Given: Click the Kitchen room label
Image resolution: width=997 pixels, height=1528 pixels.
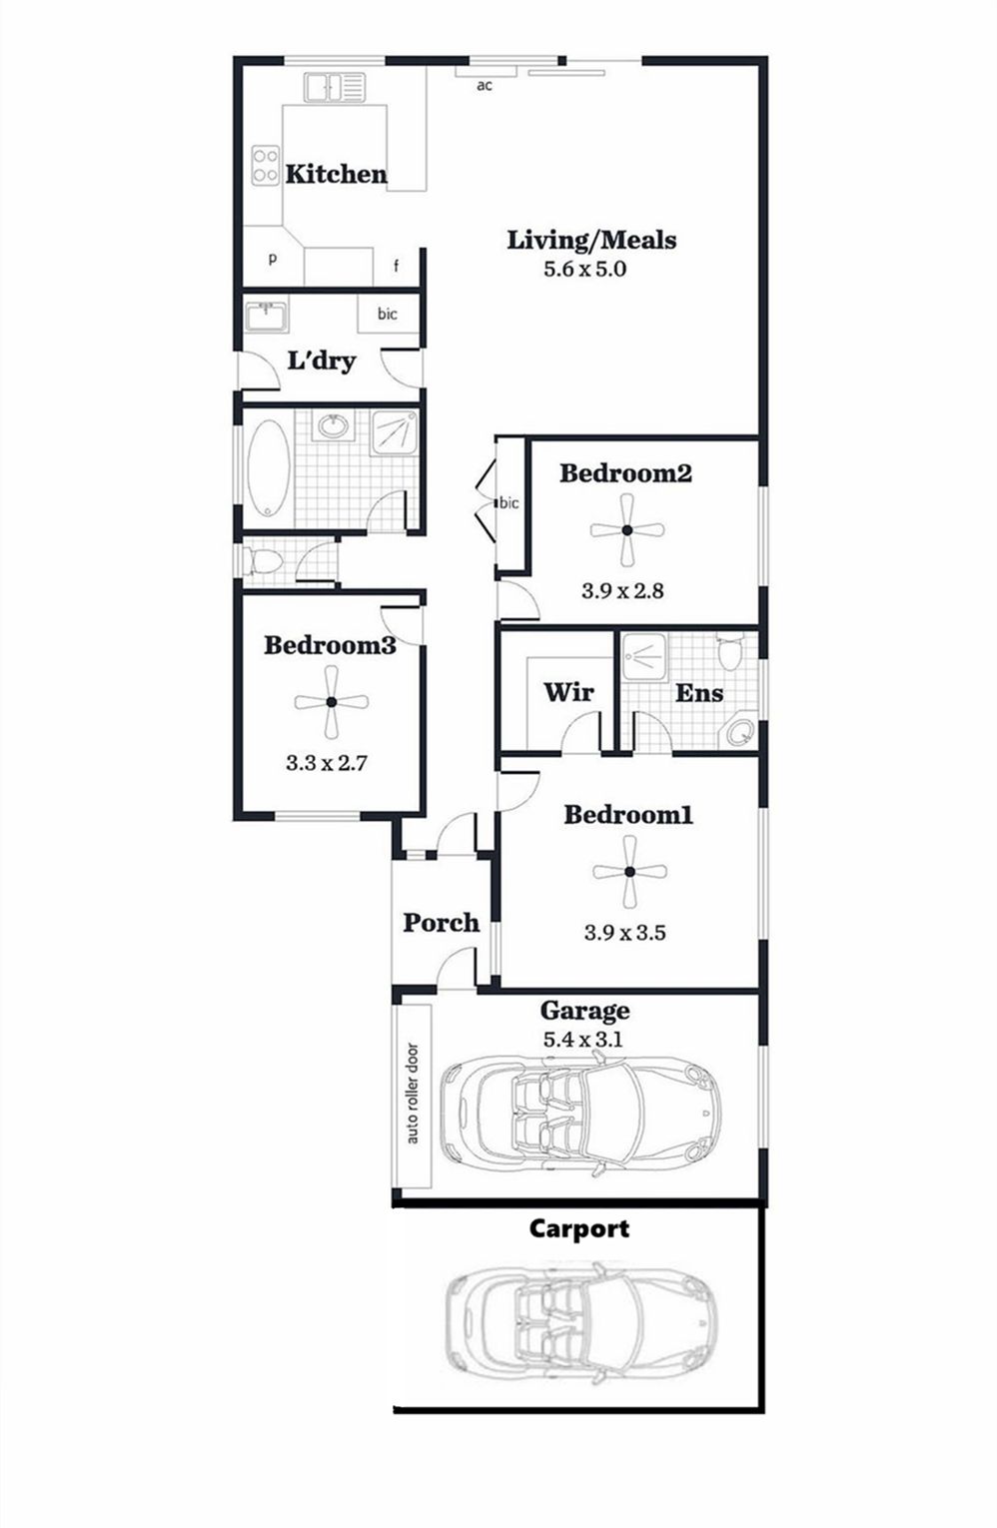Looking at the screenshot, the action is (x=336, y=174).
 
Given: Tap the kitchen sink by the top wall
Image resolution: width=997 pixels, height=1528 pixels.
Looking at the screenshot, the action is (x=335, y=87).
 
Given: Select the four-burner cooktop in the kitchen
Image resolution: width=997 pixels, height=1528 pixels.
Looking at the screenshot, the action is (x=266, y=165).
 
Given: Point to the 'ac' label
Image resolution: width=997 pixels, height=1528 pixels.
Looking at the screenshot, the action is (x=484, y=85).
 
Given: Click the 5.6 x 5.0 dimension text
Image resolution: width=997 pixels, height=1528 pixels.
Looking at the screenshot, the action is (x=584, y=269).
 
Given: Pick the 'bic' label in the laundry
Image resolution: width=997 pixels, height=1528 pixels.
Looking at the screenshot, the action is (x=387, y=314).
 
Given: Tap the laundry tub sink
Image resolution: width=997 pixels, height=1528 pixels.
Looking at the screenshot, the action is (x=267, y=316).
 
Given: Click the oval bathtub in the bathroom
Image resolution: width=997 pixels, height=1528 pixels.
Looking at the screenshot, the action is (x=268, y=468).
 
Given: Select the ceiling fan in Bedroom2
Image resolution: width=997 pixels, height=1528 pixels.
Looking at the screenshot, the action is (x=627, y=530).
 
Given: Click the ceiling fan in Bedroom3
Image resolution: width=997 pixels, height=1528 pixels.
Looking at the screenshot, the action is (x=332, y=702).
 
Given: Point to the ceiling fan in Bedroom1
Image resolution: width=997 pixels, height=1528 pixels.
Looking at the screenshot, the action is (x=629, y=871).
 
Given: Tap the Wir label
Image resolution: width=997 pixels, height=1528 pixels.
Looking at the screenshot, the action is (x=568, y=692).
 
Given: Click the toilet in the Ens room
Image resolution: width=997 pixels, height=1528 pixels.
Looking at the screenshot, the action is (x=729, y=649).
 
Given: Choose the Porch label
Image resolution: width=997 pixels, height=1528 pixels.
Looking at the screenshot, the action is (x=441, y=922).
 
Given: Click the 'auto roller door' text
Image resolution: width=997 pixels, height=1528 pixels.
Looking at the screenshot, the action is (x=413, y=1094).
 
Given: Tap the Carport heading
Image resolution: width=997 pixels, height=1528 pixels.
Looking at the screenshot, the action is (x=578, y=1228).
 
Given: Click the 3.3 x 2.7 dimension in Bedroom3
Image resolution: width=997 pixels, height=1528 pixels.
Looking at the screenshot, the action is (x=327, y=762).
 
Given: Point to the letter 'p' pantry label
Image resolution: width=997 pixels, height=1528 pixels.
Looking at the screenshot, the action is (x=273, y=260).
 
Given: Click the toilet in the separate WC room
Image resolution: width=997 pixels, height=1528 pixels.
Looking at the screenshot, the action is (x=263, y=562).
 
